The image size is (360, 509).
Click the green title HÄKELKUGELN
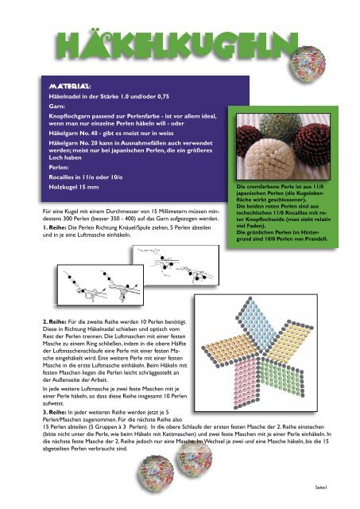coord(176,46)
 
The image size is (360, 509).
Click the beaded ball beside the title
coord(308,64)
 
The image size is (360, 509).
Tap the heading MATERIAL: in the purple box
coord(70,87)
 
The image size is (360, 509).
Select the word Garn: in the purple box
coord(56,106)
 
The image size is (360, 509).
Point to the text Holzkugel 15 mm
coord(74,187)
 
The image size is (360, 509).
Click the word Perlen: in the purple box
coord(59,168)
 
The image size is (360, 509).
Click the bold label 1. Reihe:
coord(55,227)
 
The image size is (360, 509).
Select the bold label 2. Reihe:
coord(55,321)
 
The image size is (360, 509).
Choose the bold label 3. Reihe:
coord(55,412)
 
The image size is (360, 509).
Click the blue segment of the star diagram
coord(257,322)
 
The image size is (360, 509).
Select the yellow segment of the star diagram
coord(289,341)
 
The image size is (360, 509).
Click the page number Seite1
coord(321,487)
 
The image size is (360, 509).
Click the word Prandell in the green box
coord(316,239)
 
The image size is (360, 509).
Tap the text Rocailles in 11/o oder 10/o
coord(86,177)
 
